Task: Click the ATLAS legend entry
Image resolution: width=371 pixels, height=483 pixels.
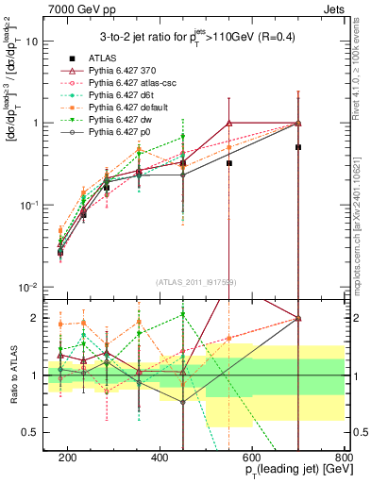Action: pyautogui.click(x=94, y=58)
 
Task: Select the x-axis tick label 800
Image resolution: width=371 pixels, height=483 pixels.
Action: pyautogui.click(x=344, y=457)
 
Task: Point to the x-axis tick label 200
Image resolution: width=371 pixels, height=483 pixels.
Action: pyautogui.click(x=68, y=457)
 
